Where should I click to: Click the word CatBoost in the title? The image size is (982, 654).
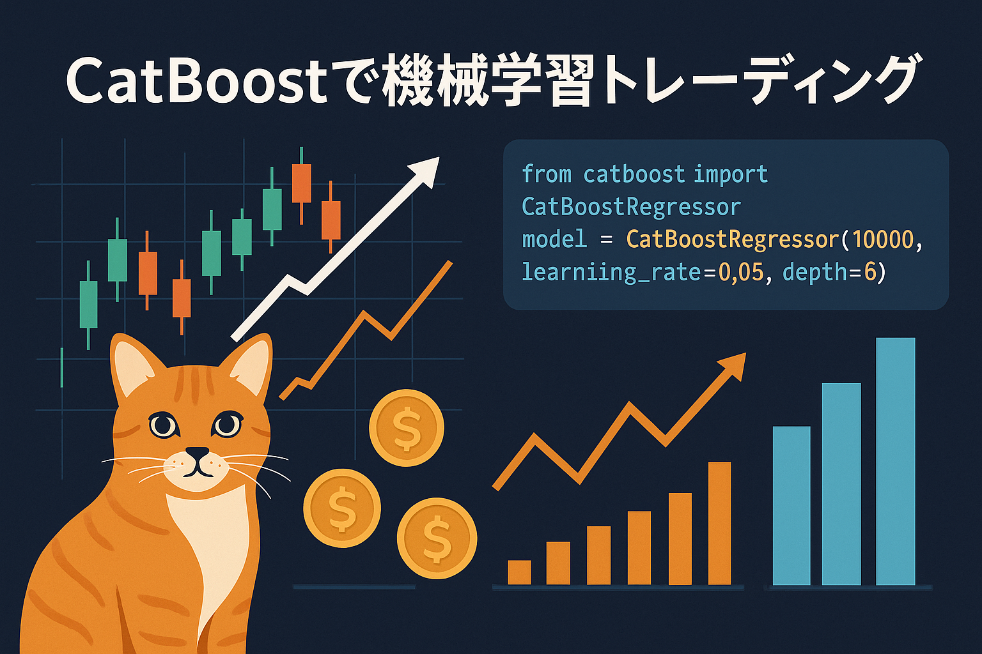click(197, 82)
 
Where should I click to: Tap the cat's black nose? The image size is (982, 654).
click(198, 453)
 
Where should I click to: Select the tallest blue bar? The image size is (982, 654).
click(896, 461)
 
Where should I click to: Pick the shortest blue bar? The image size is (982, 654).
click(791, 506)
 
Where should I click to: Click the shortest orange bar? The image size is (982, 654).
click(520, 572)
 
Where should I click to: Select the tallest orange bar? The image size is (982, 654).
click(720, 524)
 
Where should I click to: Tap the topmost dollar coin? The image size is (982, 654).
click(407, 427)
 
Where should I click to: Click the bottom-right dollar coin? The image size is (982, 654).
click(437, 538)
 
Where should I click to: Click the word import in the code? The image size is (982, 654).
click(731, 174)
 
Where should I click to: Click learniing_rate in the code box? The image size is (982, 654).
click(612, 273)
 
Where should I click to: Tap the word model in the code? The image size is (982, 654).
click(554, 240)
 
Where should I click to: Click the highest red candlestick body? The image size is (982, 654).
click(302, 183)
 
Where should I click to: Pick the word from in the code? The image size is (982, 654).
click(547, 174)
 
